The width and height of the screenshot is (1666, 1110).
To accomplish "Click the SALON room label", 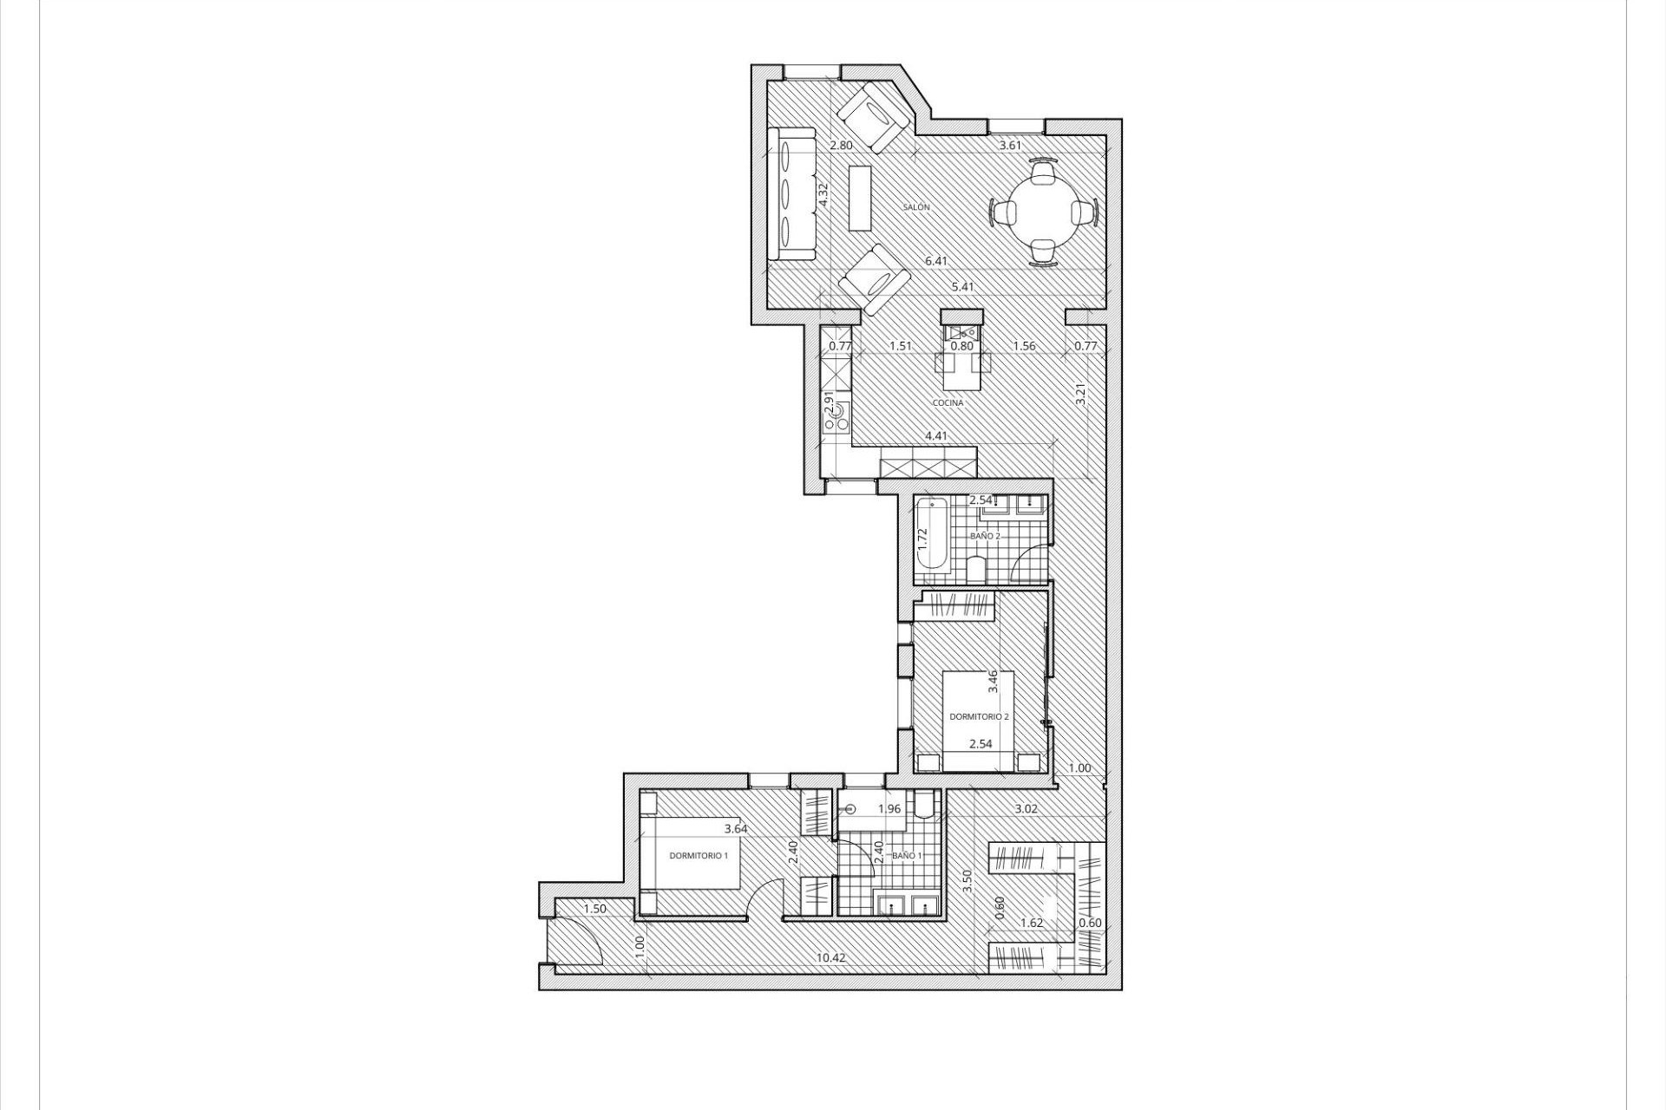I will tap(916, 208).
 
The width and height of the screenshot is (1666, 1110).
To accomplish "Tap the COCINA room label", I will tap(948, 403).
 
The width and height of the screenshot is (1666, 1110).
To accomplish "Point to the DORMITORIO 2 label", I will tap(979, 717).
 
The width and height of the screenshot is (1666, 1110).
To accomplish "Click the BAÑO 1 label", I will tap(907, 856).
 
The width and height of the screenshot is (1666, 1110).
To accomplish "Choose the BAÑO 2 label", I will tap(985, 536).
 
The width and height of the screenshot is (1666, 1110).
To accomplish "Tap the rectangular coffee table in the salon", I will tap(860, 198).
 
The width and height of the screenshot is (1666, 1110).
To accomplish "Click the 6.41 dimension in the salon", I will tap(936, 261).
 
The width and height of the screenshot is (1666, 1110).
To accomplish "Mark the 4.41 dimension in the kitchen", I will tap(935, 436).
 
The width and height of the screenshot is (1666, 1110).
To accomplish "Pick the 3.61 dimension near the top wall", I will tap(1010, 146).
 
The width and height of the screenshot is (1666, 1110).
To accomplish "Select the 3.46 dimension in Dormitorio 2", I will tap(994, 681).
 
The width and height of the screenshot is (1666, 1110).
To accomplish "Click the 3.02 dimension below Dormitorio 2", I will tap(1027, 809).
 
